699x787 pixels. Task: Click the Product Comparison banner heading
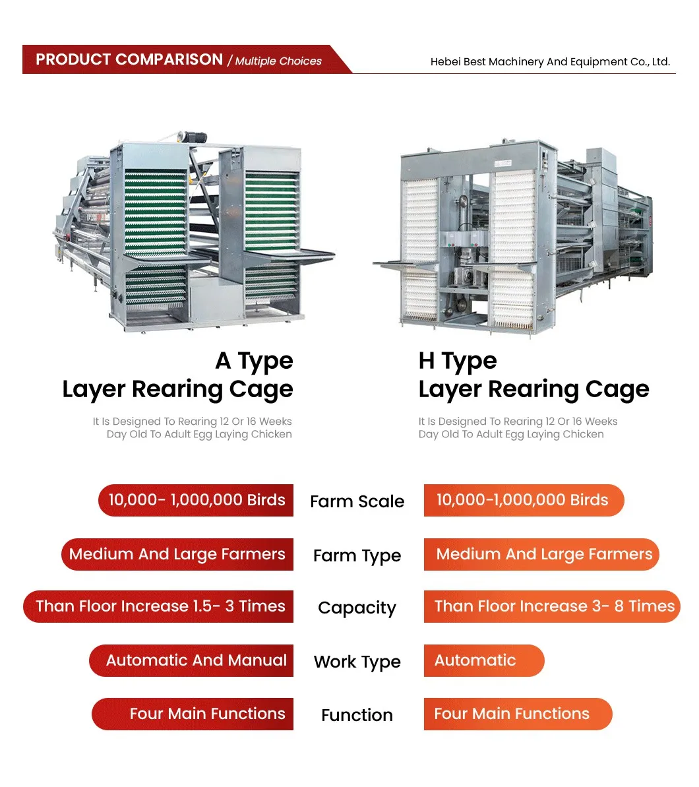129,59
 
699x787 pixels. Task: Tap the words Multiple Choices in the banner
278,61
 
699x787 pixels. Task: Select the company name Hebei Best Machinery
550,62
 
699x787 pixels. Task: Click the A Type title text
254,361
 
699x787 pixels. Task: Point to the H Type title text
458,361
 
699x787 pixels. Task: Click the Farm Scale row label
357,501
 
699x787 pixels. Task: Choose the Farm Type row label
357,555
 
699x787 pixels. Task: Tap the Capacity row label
357,608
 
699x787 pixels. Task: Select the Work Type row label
357,662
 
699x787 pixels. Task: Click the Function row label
357,715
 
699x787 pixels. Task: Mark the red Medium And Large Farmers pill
177,554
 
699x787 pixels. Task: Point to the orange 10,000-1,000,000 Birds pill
522,500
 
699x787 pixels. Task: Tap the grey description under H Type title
517,427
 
